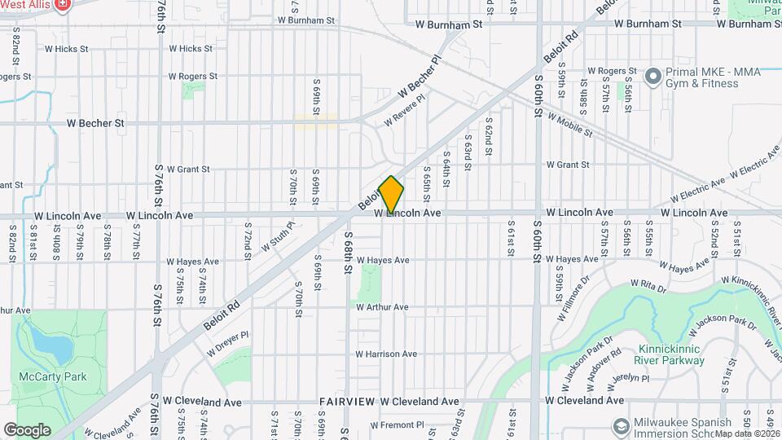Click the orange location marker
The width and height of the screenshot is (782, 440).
point(391,195)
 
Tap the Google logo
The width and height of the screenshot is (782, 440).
point(27,429)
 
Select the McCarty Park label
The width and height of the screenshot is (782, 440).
point(42,377)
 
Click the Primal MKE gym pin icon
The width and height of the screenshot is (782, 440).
point(652,77)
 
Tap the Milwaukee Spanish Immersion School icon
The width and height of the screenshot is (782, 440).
point(622,426)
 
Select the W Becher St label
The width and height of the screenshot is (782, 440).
point(95,124)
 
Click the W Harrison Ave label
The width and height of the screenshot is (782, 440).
point(386,354)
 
